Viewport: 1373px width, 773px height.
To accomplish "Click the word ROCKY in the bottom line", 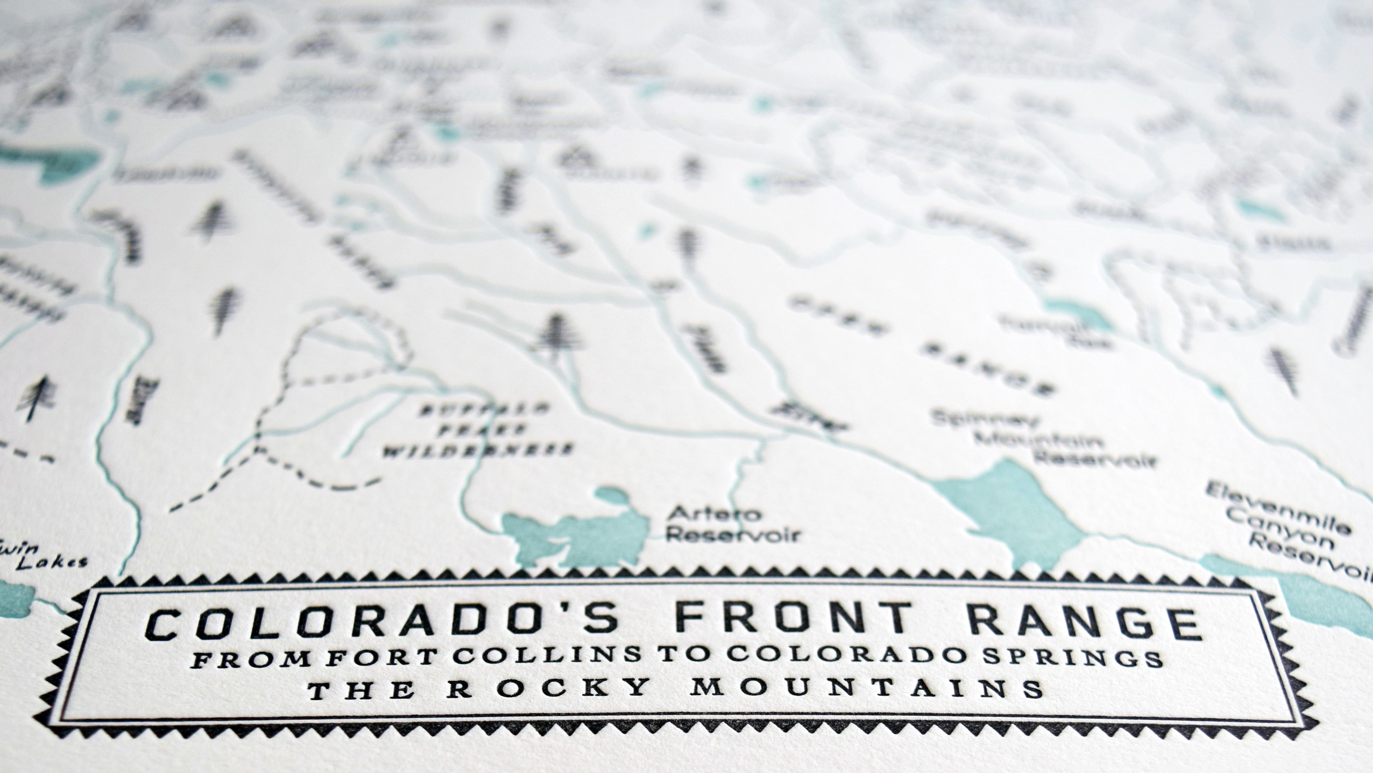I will point(549,689).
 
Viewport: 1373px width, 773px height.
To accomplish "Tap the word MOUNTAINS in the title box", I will point(866,689).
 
